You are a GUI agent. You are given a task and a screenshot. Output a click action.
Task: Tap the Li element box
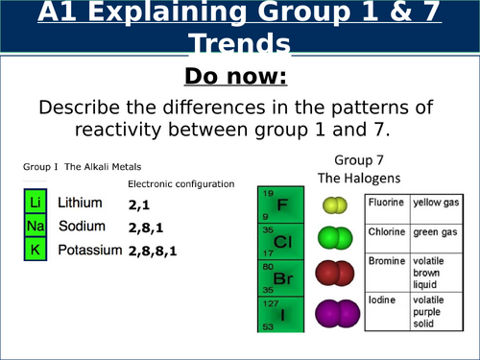pyautogui.click(x=34, y=204)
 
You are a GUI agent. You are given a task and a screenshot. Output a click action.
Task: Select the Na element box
pyautogui.click(x=34, y=227)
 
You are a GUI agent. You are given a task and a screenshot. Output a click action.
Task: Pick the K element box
pyautogui.click(x=34, y=250)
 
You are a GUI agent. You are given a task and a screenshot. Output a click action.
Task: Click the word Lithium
pyautogui.click(x=80, y=204)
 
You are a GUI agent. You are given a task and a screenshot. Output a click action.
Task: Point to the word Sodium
pyautogui.click(x=79, y=227)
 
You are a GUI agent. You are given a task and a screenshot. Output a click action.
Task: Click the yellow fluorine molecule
pyautogui.click(x=333, y=204)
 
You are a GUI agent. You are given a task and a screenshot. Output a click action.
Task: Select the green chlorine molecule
pyautogui.click(x=333, y=237)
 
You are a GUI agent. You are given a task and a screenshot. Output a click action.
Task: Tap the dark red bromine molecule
pyautogui.click(x=333, y=274)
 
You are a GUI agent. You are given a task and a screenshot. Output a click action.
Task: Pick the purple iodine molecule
pyautogui.click(x=333, y=311)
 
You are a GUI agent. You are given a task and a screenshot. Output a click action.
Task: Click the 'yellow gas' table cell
pyautogui.click(x=434, y=204)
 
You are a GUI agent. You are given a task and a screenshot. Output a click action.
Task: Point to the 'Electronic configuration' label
pyautogui.click(x=180, y=183)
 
